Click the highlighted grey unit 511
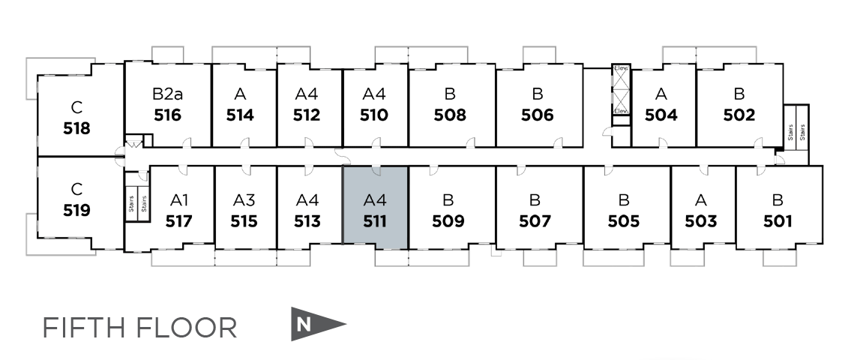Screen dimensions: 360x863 pos(374,210)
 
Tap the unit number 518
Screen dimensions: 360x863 pos(76,127)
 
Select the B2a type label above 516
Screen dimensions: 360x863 pos(167,94)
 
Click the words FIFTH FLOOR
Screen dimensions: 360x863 pos(139,328)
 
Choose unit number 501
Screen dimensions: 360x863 pos(777,221)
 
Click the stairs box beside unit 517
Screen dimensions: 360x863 pos(137,197)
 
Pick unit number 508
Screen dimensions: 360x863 pos(450,115)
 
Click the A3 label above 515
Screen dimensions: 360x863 pos(244,200)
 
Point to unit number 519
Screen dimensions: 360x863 pos(76,210)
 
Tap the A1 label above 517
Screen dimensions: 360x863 pos(179,200)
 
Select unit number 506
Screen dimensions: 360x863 pos(537,115)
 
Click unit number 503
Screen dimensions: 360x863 pos(700,221)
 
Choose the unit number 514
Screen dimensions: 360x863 pos(240,115)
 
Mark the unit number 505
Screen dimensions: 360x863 pos(624,221)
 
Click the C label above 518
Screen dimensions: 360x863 pos(76,106)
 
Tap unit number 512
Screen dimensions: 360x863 pos(307,115)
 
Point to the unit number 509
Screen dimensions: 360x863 pos(448,221)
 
